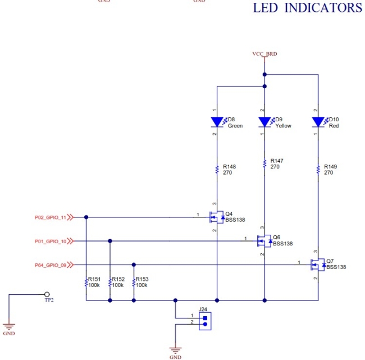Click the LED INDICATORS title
coord(307,8)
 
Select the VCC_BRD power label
coord(264,54)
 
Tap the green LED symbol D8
coord(217,121)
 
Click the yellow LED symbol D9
coord(264,121)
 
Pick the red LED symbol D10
coord(318,121)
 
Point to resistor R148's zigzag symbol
coord(217,169)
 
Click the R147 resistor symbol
coord(264,163)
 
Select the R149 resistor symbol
coord(318,169)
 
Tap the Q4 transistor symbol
coord(216,216)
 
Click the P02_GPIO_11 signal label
coord(51,217)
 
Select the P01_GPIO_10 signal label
coord(51,241)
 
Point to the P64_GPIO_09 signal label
coord(51,265)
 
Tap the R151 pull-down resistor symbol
coord(86,282)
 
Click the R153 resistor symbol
coord(134,282)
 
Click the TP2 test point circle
coord(47,294)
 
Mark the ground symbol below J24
coord(175,350)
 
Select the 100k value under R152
coord(118,285)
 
